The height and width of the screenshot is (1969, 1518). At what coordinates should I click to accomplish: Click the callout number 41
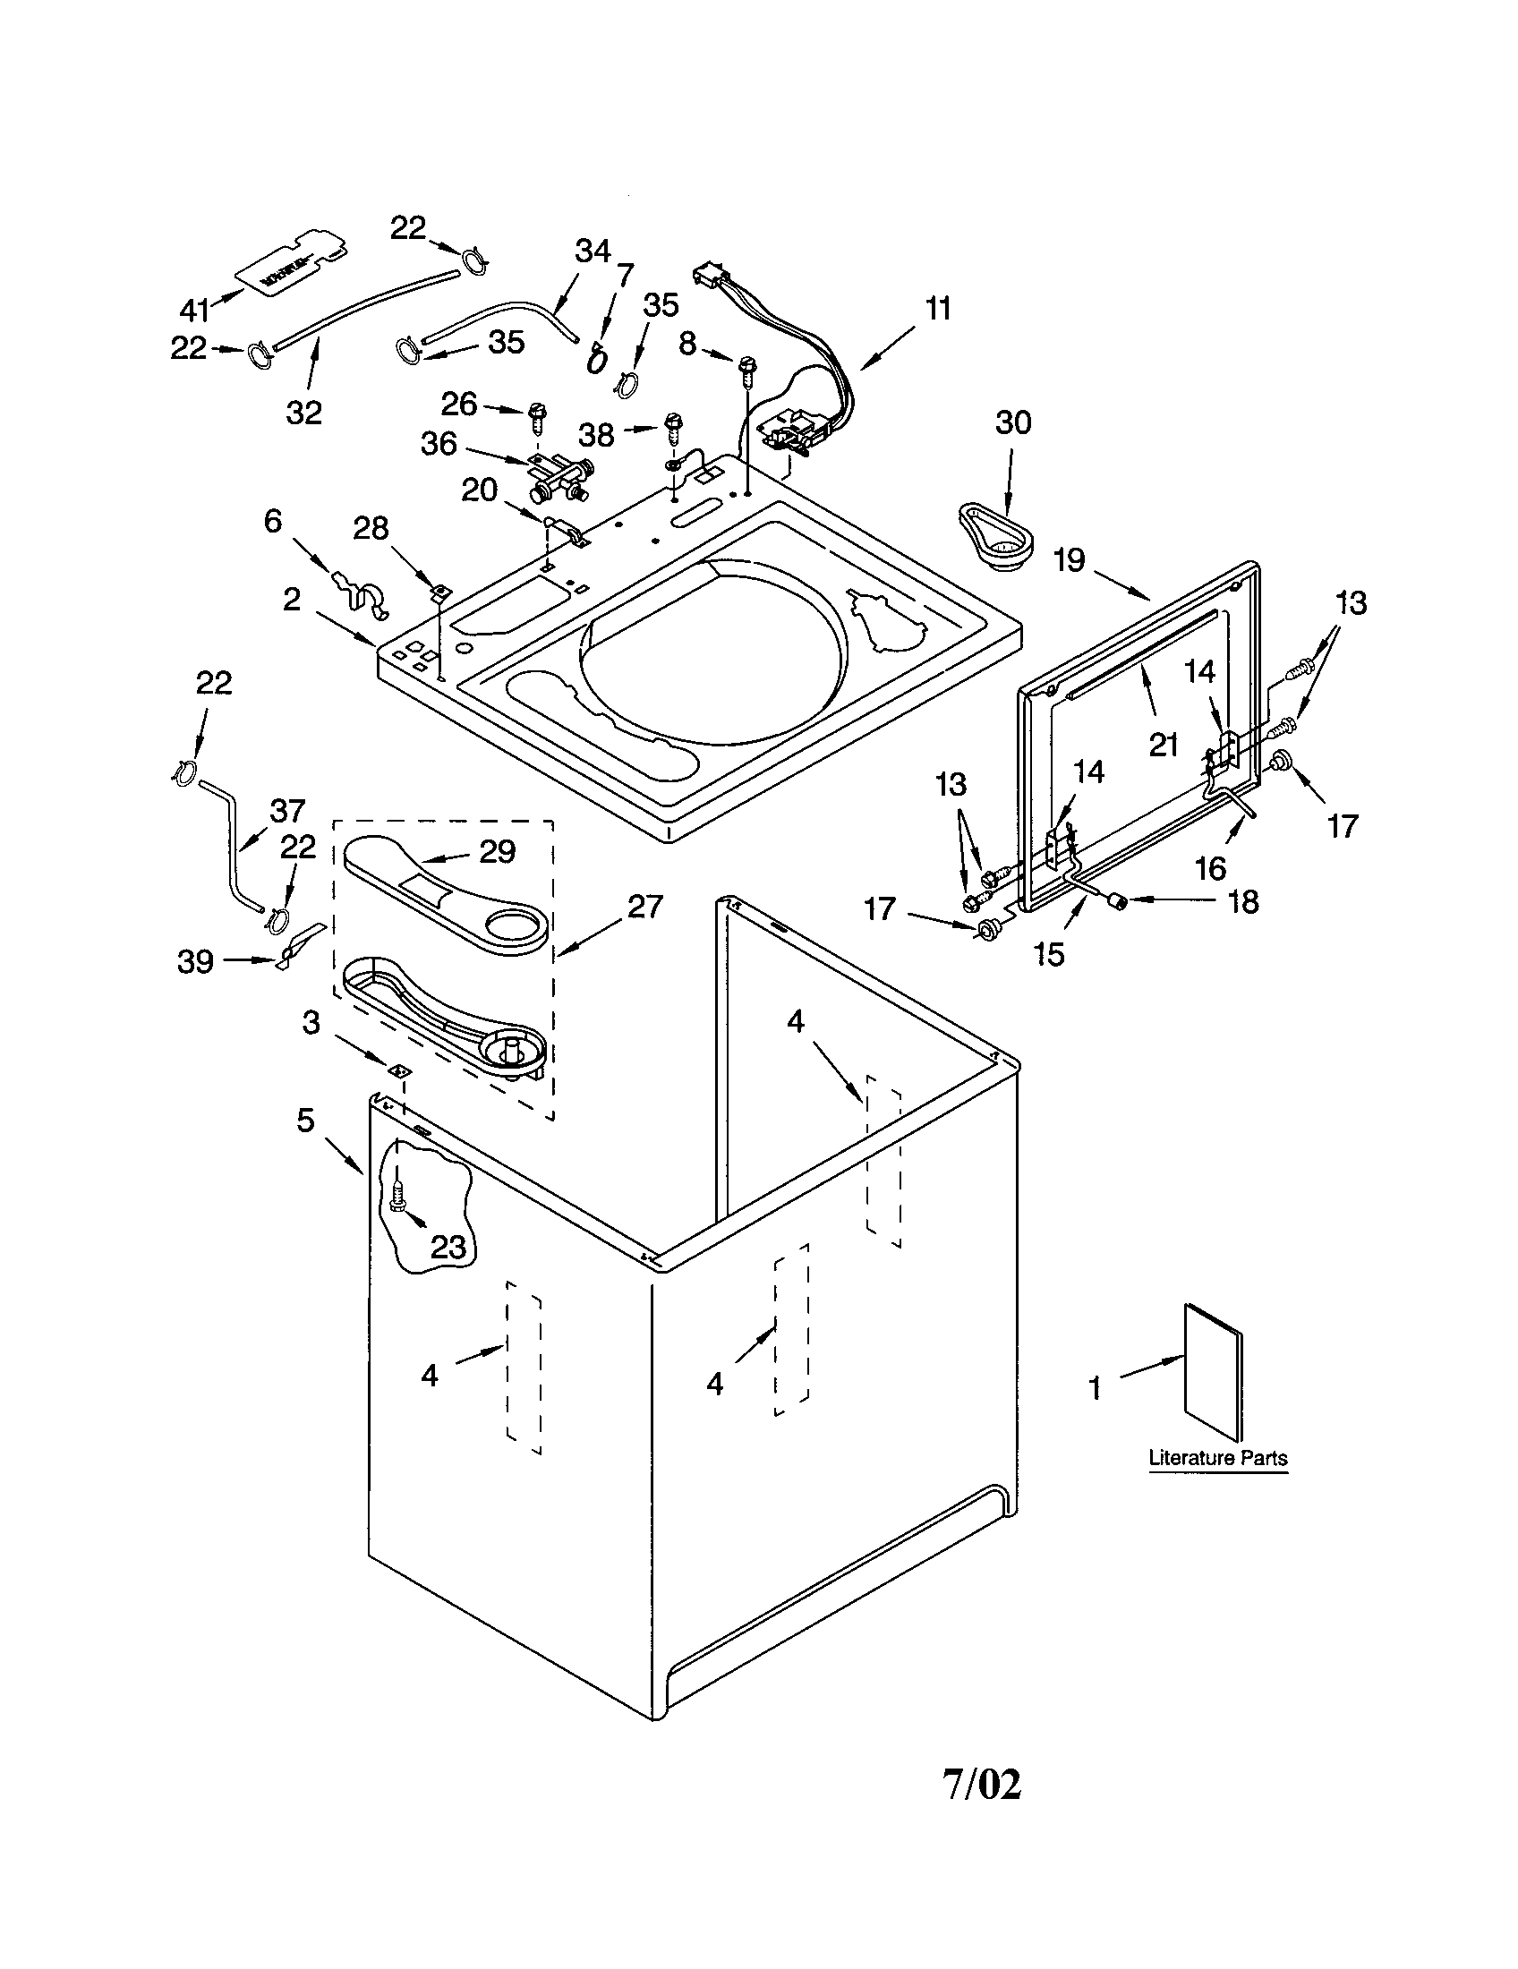coord(194,311)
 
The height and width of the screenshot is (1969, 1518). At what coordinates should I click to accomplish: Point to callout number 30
coord(1012,422)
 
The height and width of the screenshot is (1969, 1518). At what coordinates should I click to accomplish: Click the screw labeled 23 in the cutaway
coord(397,1200)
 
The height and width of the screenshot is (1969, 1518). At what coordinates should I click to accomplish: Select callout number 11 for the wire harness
coord(937,310)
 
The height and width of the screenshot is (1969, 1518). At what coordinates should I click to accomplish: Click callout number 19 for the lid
coord(1069,561)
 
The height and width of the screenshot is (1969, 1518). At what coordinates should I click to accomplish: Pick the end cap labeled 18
coord(1117,900)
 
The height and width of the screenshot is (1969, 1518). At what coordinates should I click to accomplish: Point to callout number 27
coord(644,906)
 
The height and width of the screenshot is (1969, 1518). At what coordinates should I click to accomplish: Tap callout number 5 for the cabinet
coord(305,1121)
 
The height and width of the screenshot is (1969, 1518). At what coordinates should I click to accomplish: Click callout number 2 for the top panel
coord(291,600)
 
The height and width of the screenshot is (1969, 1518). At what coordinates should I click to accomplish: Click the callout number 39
coord(195,962)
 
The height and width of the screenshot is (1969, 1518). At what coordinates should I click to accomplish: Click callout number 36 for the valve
coord(439,444)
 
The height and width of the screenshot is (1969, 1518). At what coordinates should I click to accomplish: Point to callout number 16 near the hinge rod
coord(1211,867)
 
